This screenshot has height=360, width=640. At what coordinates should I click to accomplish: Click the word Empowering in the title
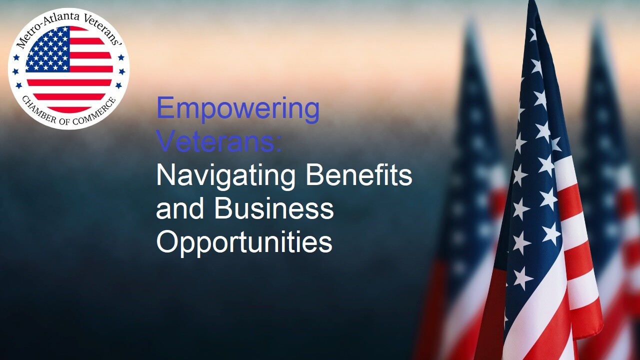click(238, 109)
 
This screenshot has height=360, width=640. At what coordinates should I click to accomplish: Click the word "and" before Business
click(179, 208)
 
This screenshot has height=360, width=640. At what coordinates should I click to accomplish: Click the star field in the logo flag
click(48, 49)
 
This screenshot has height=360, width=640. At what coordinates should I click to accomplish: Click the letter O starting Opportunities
click(167, 241)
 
